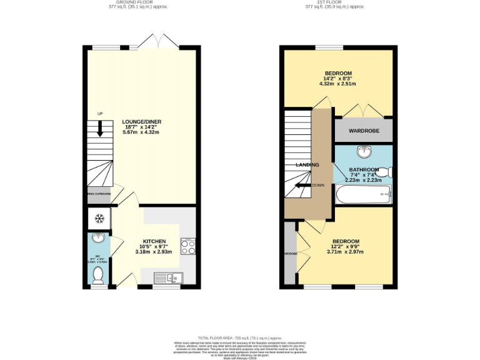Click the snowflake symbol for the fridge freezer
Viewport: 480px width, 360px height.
pos(98,218)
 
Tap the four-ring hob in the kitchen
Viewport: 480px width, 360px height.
pos(188,247)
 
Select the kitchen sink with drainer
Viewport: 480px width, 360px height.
pos(167,277)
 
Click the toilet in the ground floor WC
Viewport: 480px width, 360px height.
pos(97,274)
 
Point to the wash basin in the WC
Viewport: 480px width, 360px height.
pos(97,239)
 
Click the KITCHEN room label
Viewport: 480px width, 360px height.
pos(154,241)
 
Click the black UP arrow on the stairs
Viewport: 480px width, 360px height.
pos(99,128)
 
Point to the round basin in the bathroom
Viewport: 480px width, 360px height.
pos(363,152)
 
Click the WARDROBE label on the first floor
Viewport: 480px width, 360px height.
pos(363,132)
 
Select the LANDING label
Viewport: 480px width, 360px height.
pos(307,165)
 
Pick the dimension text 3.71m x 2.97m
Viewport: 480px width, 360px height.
pos(346,252)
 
